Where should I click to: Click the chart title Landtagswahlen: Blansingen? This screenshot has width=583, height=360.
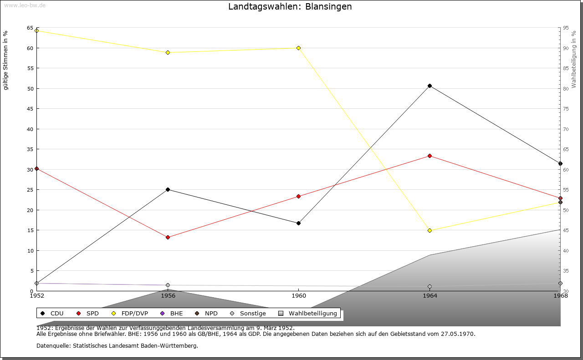point(290,7)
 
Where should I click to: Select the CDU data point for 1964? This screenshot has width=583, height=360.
point(430,86)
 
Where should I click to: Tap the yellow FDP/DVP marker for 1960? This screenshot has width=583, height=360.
point(298,48)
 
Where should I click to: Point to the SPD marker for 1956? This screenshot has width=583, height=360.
point(168,237)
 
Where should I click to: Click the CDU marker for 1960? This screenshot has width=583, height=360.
point(298,223)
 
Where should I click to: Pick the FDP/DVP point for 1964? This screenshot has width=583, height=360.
point(430,230)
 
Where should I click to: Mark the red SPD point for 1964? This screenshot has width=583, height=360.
point(430,156)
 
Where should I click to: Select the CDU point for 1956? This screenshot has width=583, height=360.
point(168,189)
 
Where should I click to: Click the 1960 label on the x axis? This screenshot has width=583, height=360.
point(298,295)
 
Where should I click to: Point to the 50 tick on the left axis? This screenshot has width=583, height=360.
point(30,88)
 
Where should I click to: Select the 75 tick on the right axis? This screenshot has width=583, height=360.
point(566,108)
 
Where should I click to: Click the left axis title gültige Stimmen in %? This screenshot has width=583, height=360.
point(6,60)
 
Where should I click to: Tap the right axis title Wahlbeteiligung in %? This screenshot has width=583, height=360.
point(574,59)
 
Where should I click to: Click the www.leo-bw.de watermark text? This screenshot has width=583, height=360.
point(25,5)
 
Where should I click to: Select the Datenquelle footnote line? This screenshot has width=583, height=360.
point(117,345)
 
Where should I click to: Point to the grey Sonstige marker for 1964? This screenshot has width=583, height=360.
point(430,287)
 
